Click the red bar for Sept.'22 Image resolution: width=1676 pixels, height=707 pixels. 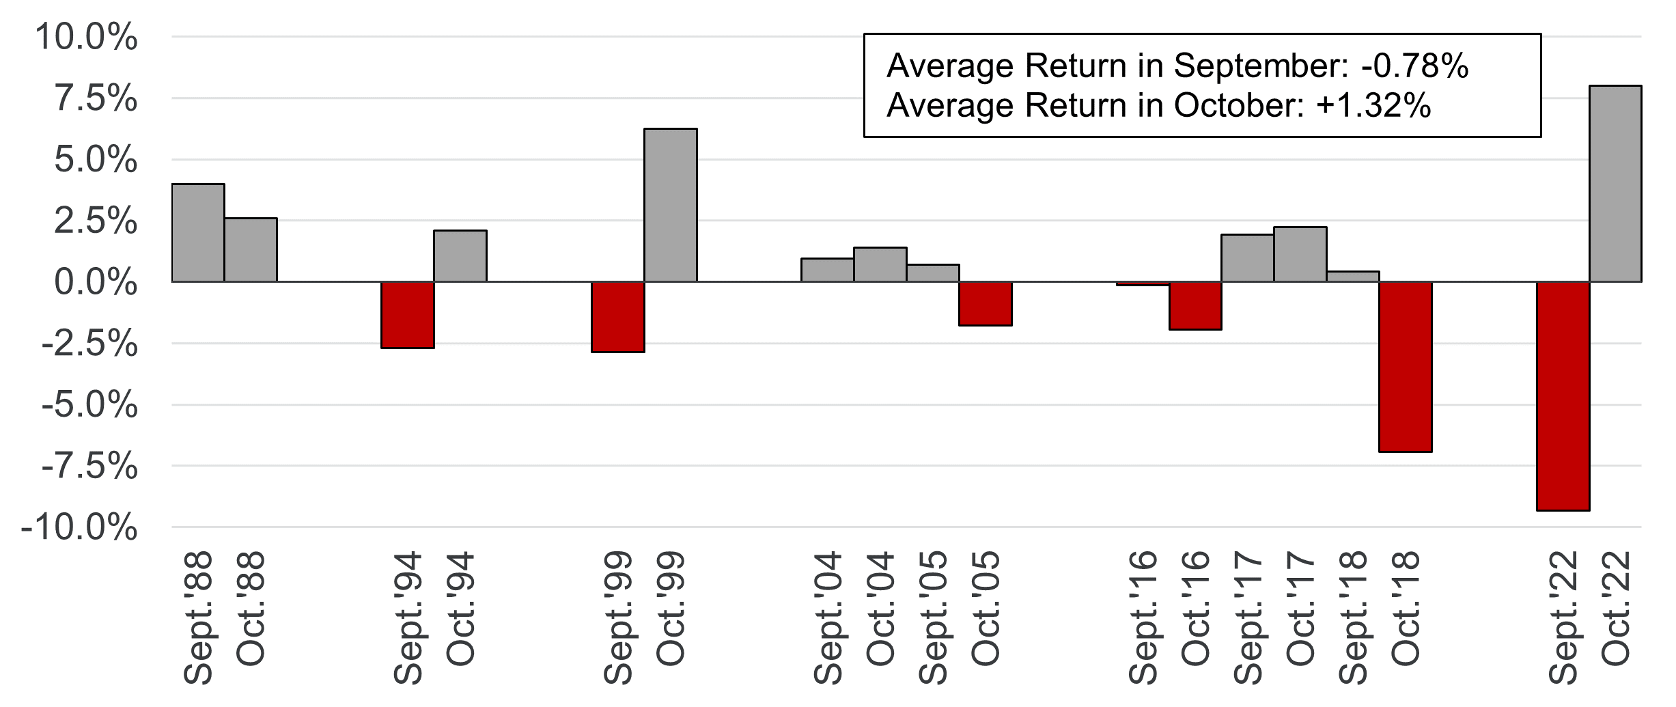pyautogui.click(x=1563, y=396)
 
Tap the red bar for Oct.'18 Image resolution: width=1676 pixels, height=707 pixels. pyautogui.click(x=1406, y=366)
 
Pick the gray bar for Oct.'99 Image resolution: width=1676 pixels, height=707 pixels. pyautogui.click(x=671, y=205)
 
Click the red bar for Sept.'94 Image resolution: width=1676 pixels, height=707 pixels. pyautogui.click(x=408, y=314)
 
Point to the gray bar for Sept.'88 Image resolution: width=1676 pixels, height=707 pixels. pyautogui.click(x=198, y=232)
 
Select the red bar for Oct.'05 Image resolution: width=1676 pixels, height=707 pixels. pyautogui.click(x=986, y=303)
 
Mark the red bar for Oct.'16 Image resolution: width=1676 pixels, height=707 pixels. pyautogui.click(x=1195, y=305)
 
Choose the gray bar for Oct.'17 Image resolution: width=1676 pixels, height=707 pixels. pyautogui.click(x=1300, y=254)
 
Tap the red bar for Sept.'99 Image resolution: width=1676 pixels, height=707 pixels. pyautogui.click(x=618, y=316)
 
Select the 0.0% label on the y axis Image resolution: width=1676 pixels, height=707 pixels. pyautogui.click(x=96, y=283)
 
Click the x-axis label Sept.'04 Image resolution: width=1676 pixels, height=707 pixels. pyautogui.click(x=828, y=618)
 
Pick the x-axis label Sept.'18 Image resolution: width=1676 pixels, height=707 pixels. pyautogui.click(x=1353, y=618)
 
